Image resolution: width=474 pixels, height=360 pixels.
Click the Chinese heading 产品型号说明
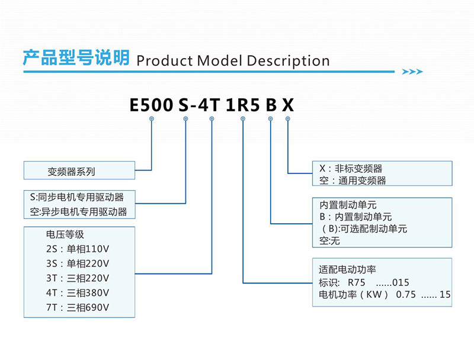[x=76, y=57]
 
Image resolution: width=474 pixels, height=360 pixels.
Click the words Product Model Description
[x=233, y=61]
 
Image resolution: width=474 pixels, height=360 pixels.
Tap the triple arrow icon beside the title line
[x=412, y=72]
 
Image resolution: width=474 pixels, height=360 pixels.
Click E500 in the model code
[x=151, y=105]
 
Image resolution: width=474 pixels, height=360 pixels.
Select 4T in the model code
[x=209, y=105]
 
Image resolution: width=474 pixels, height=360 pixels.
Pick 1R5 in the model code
[x=242, y=105]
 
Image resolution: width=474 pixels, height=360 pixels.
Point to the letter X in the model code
[x=288, y=105]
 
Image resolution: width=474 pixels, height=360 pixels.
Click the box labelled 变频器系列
[x=79, y=171]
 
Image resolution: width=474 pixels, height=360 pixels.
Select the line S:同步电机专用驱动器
[x=77, y=197]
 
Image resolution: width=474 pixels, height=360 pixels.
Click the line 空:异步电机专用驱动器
[x=78, y=212]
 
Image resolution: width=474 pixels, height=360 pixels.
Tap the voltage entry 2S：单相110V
[x=78, y=249]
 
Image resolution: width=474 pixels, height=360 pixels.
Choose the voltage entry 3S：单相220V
[x=78, y=263]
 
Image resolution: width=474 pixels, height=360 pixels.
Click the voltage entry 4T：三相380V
[x=78, y=292]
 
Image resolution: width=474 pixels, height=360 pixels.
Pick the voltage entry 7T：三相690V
[x=78, y=307]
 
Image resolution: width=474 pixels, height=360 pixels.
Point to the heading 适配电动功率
[x=347, y=269]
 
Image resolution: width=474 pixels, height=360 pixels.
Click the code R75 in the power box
[x=357, y=282]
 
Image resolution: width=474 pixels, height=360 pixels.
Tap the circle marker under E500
[x=152, y=118]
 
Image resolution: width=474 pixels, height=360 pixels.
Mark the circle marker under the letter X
[x=288, y=118]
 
